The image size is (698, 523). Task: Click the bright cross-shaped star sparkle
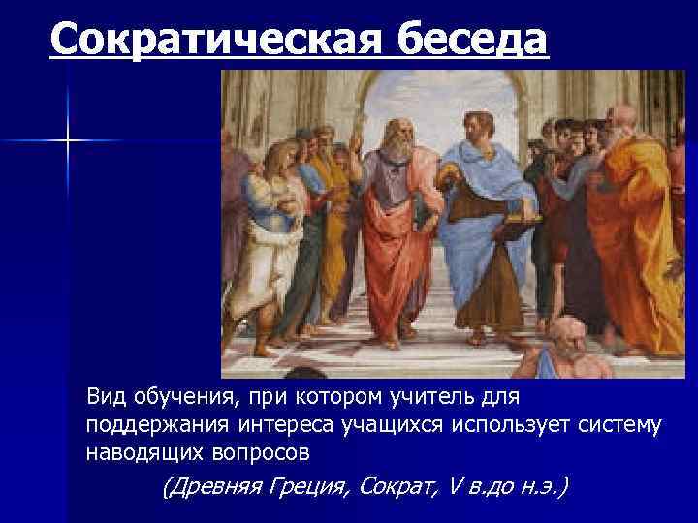click(69, 141)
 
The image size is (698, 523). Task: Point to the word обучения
click(180, 397)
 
